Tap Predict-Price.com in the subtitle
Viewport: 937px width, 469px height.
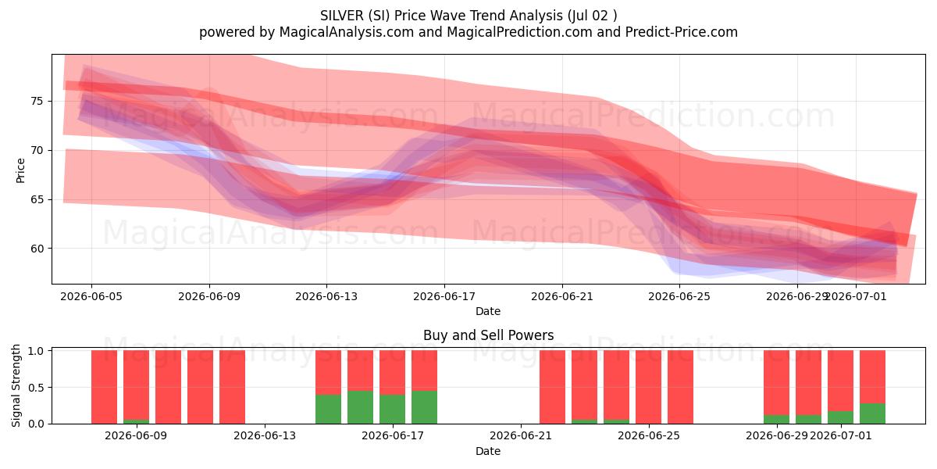[x=682, y=32]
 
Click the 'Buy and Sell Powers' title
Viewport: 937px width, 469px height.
[x=488, y=335]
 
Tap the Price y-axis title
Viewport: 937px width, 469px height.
[x=20, y=170]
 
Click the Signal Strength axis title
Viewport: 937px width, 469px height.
[x=16, y=385]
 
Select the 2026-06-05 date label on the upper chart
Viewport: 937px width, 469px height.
[x=91, y=296]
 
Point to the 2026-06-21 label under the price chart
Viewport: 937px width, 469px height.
[x=562, y=296]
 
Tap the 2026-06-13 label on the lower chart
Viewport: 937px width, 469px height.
[x=265, y=435]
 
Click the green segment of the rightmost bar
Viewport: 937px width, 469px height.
[x=872, y=414]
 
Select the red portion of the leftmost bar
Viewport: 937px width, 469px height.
[x=104, y=387]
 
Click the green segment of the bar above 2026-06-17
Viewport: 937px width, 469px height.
[x=392, y=409]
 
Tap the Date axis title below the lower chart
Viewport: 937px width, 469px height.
[x=488, y=451]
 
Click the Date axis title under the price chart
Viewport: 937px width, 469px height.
[x=488, y=311]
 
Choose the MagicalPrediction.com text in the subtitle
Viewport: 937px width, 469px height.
[x=519, y=32]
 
